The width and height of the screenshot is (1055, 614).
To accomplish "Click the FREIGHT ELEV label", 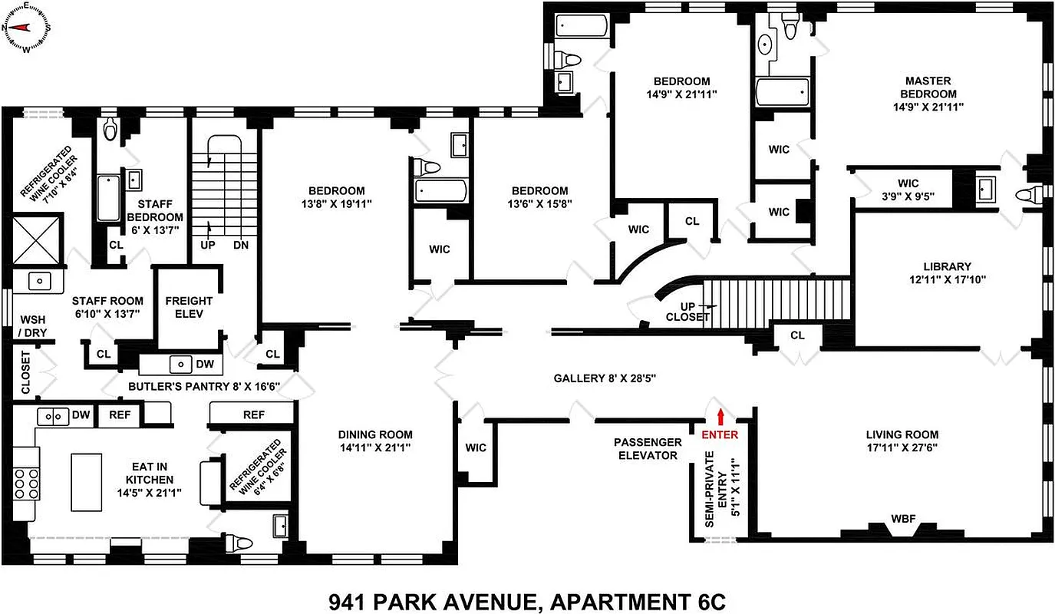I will click(189, 308).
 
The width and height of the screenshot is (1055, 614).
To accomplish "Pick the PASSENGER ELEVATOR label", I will click(648, 449).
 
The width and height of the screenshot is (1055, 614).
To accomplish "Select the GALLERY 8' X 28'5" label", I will click(605, 378).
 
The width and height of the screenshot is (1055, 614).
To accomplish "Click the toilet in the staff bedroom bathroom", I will click(112, 130).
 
